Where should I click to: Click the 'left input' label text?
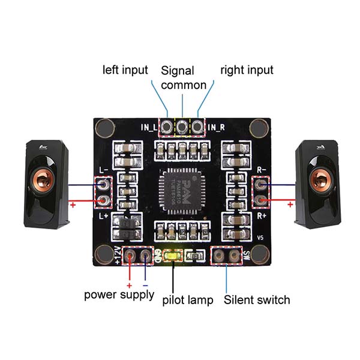[125, 70]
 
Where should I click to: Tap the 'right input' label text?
[247, 70]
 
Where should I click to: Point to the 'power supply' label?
[119, 295]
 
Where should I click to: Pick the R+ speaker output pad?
[261, 200]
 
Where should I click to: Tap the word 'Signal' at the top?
[178, 70]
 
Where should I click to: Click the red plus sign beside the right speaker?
[290, 205]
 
